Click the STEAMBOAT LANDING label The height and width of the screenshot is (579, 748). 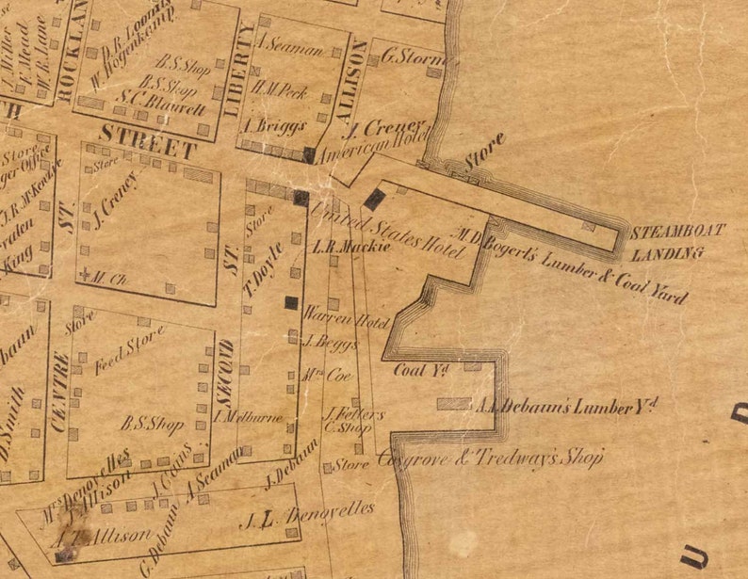667,243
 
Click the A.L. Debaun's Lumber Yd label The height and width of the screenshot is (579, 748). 566,407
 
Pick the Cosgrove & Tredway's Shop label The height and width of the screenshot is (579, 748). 489,459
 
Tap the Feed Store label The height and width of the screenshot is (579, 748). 130,350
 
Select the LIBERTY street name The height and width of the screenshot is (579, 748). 239,70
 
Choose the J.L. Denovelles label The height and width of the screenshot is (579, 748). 307,515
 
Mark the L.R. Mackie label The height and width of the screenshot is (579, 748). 338,249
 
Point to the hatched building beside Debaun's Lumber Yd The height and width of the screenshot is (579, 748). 454,404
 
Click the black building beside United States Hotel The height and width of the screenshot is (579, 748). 374,199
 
